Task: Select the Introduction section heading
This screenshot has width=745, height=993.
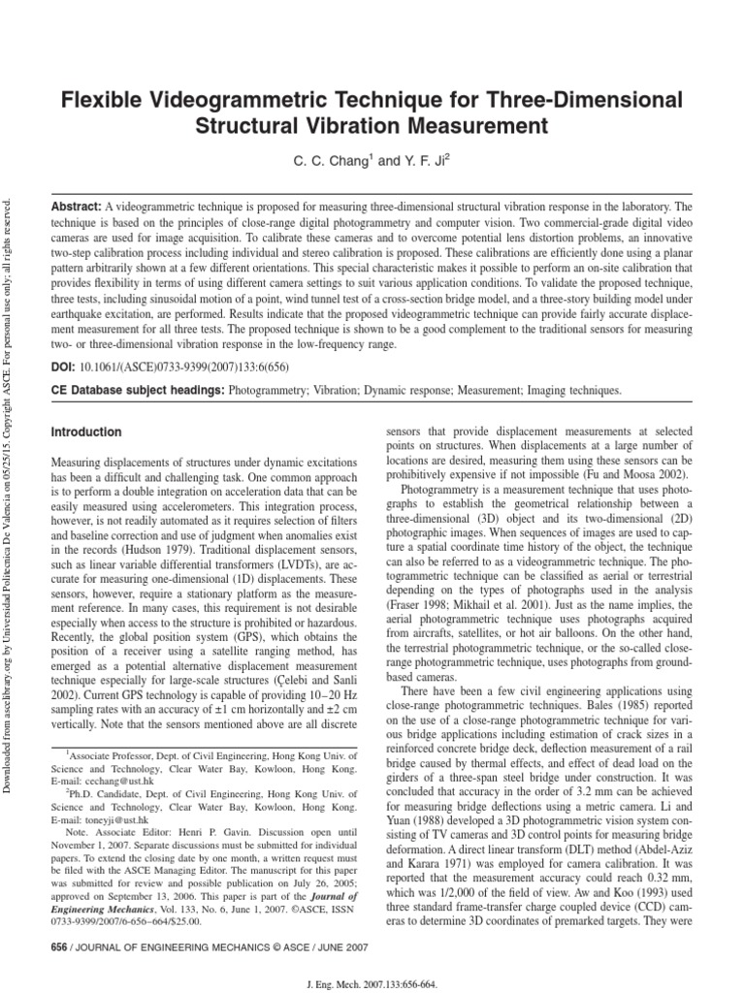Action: pyautogui.click(x=86, y=432)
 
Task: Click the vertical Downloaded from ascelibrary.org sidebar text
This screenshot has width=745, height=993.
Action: pyautogui.click(x=11, y=485)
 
